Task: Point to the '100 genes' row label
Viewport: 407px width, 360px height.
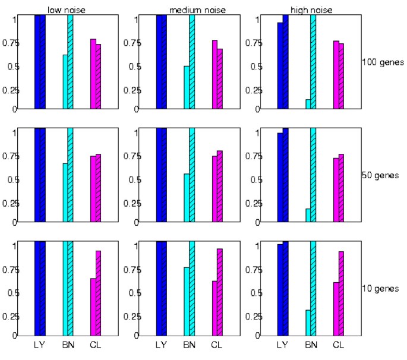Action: [381, 62]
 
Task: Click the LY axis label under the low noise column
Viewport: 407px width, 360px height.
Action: [40, 345]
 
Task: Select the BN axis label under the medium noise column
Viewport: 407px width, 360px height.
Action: [189, 345]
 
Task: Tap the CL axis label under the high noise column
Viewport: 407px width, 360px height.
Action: [338, 345]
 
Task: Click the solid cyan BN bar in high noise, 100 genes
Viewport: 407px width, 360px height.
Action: [308, 105]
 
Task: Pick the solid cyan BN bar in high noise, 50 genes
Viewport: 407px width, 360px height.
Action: [308, 216]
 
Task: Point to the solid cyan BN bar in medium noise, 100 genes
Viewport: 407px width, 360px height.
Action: [187, 87]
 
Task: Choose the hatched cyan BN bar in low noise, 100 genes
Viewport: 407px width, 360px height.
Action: [70, 62]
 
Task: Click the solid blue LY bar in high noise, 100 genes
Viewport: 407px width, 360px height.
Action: [280, 65]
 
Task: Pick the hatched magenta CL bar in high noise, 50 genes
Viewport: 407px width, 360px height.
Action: [342, 188]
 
